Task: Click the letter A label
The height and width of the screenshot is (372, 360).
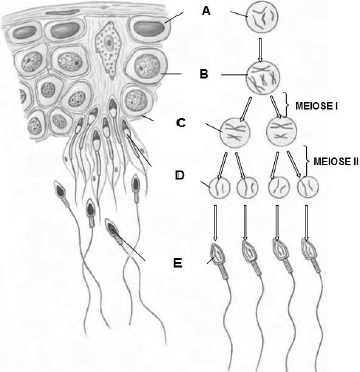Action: (206, 12)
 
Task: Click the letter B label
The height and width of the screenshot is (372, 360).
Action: (204, 74)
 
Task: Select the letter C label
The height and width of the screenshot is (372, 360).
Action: (180, 123)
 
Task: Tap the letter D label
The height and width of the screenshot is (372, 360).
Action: (180, 175)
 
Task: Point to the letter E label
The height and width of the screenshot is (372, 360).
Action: (178, 263)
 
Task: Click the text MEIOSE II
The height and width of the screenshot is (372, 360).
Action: (336, 161)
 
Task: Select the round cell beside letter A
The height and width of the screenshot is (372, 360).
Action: (262, 16)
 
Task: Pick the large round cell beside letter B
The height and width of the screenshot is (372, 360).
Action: (263, 76)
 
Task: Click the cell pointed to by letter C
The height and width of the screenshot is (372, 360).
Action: (237, 131)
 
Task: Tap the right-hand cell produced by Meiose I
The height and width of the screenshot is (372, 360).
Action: (281, 131)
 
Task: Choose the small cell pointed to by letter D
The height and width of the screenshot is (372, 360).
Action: (219, 189)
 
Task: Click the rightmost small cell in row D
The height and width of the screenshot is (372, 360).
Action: (308, 189)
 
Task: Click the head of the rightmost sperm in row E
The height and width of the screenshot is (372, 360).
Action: (309, 253)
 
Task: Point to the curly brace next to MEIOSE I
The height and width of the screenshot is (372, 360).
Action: (285, 105)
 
